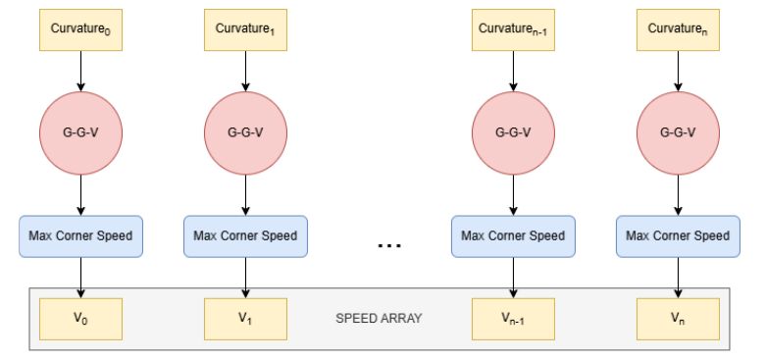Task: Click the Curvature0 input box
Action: click(x=80, y=29)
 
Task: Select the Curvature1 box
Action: click(x=245, y=29)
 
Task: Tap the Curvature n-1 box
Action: click(x=513, y=29)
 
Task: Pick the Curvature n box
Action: click(x=678, y=29)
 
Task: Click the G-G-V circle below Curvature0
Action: click(x=80, y=132)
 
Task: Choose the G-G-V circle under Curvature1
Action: click(x=245, y=132)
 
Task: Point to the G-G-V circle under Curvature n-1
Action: click(x=513, y=132)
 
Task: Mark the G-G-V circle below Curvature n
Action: click(x=678, y=132)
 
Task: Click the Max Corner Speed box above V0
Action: click(x=80, y=236)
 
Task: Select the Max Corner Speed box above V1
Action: click(x=245, y=236)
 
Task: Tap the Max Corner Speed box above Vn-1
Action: click(x=513, y=236)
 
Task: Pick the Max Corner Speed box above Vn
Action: click(x=678, y=236)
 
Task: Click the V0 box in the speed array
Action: click(x=80, y=319)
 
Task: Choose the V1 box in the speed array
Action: click(x=245, y=319)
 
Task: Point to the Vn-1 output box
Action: click(x=513, y=319)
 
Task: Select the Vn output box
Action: click(x=678, y=319)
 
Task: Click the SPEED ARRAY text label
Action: click(x=379, y=319)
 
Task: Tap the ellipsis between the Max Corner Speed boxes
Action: click(x=389, y=245)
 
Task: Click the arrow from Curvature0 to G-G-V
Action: click(x=80, y=71)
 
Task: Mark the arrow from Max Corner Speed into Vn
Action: click(x=678, y=278)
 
